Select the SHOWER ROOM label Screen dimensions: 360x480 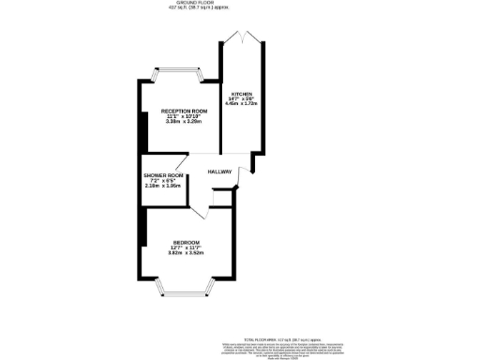click(162, 175)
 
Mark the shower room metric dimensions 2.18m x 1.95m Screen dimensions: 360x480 click(162, 187)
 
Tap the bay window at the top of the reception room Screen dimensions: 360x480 click(178, 72)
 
